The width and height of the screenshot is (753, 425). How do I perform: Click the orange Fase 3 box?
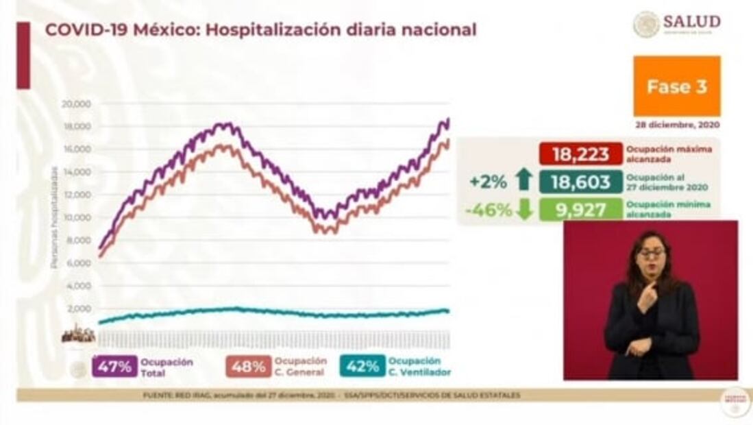pos(676,86)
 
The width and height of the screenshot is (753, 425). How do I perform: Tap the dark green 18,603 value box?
pos(580,182)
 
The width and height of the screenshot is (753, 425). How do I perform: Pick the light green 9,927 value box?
pos(580,209)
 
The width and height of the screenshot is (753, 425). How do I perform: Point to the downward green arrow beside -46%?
pos(525,210)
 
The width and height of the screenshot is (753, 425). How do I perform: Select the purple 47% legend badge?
pos(114,367)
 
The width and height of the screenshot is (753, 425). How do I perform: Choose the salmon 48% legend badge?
pos(248,367)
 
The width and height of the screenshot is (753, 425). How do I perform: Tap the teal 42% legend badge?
pos(362,367)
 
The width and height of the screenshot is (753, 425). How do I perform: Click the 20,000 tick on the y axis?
pos(77,104)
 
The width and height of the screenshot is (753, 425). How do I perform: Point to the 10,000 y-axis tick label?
pos(77,218)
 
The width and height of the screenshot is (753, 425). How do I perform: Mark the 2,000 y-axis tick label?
pos(79,309)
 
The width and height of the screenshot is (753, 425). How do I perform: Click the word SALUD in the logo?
pos(691,21)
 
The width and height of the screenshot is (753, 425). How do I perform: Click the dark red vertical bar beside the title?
pos(23,55)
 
